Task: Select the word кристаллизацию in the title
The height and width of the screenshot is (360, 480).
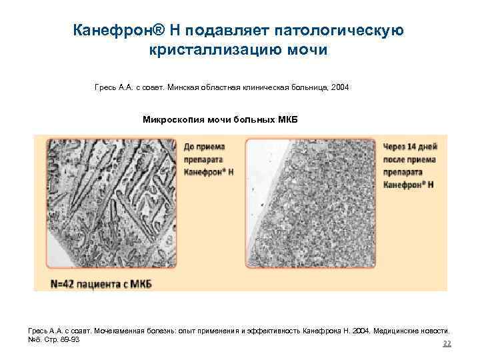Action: (x=223, y=51)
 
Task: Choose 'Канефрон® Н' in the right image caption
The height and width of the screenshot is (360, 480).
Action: (x=409, y=184)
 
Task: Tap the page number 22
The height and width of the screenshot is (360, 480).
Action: (x=447, y=344)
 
